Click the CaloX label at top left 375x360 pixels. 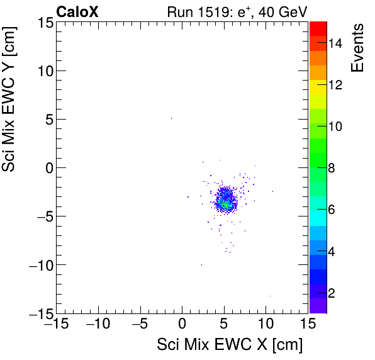(x=77, y=11)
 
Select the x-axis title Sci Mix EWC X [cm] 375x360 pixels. (x=230, y=345)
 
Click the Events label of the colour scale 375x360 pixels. (x=359, y=47)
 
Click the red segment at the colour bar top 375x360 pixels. (x=318, y=28)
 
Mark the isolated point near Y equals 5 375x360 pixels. (x=171, y=118)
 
